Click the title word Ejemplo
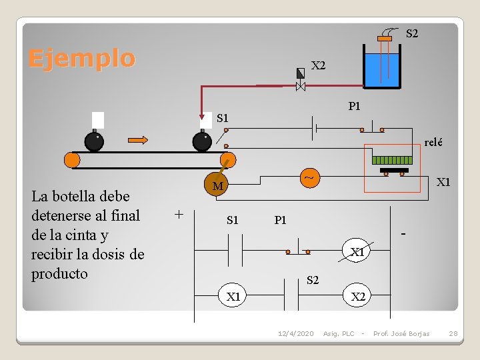coord(81,59)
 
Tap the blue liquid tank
coord(381,71)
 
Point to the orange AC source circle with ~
coord(309,178)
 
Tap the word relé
coord(433,142)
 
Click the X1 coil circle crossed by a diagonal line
coord(358,252)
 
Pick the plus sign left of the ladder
coord(178,214)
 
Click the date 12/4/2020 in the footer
coord(295,333)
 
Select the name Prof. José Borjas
coord(401,333)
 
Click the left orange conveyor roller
coord(72,160)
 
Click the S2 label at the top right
coord(412,33)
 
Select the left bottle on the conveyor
coord(94,141)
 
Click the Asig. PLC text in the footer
coord(339,333)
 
